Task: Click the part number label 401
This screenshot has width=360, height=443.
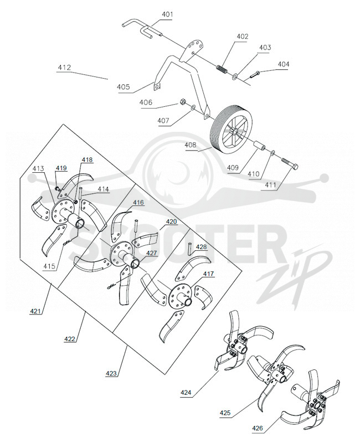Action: (167, 14)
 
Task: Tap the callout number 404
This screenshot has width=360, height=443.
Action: (284, 64)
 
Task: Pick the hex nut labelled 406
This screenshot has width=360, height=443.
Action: (183, 102)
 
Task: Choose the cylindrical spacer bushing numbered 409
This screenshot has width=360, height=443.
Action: (259, 146)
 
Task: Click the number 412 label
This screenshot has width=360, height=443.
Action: (64, 68)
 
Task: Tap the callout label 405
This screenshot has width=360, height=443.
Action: (123, 87)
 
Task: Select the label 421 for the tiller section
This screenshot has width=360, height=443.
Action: (35, 311)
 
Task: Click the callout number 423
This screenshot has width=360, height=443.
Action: (111, 373)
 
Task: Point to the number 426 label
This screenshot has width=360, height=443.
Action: (258, 428)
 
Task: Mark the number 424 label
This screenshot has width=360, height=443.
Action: (186, 393)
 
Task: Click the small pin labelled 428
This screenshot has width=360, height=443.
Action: (191, 247)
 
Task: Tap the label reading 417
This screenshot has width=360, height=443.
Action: (208, 274)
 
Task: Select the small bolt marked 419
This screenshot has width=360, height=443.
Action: (58, 188)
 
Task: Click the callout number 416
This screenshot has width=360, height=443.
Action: (138, 203)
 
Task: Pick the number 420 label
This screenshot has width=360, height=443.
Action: (171, 221)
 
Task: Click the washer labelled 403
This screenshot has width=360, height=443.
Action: (235, 76)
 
